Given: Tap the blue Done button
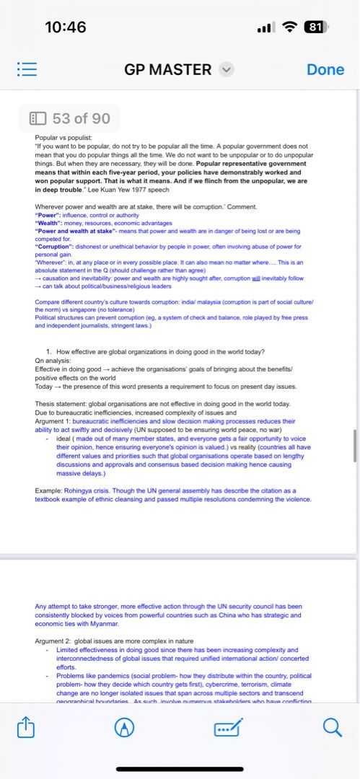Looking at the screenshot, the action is [x=325, y=69].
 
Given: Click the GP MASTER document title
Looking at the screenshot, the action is [x=168, y=69].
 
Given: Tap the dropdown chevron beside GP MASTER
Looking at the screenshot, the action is [x=226, y=69].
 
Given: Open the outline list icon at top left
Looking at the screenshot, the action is [x=27, y=69].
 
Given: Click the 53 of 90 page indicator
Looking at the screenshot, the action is [x=70, y=118].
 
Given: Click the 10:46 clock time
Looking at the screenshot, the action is [x=65, y=27].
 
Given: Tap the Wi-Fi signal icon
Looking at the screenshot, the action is [x=290, y=27].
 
